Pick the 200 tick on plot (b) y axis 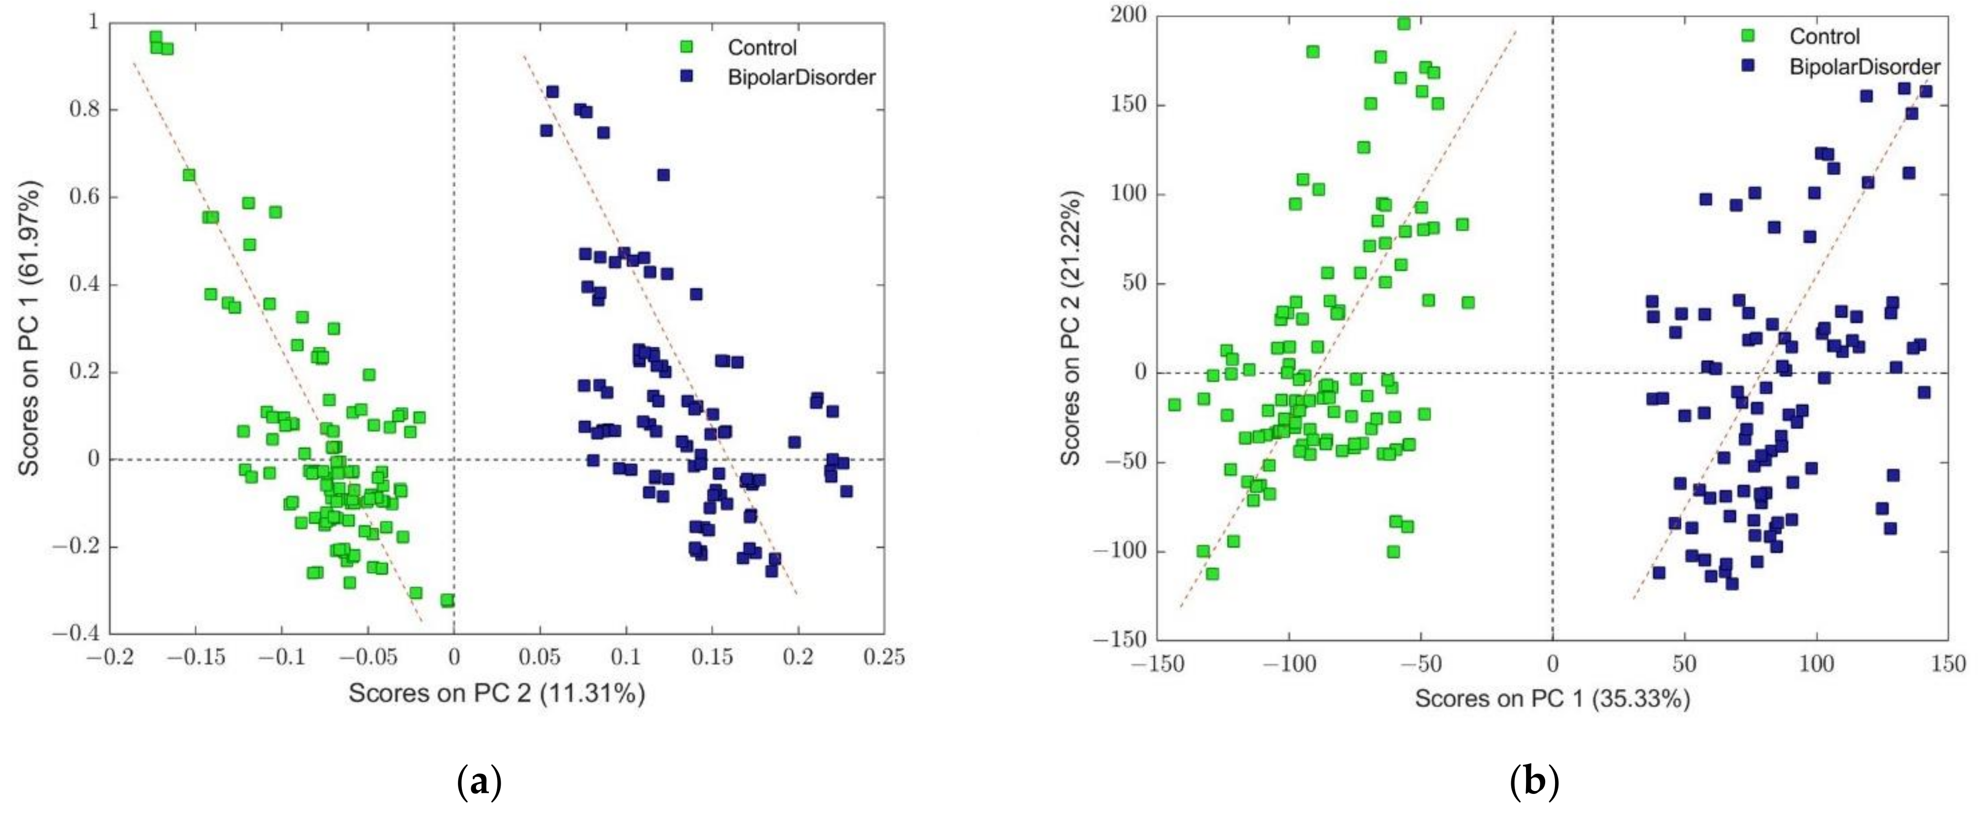tap(1127, 15)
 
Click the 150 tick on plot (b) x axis tap(1948, 663)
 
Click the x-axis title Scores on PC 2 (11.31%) tap(497, 694)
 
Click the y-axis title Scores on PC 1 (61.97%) tap(28, 328)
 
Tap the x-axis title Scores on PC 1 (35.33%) tap(1553, 699)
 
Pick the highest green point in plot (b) tap(1404, 23)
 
